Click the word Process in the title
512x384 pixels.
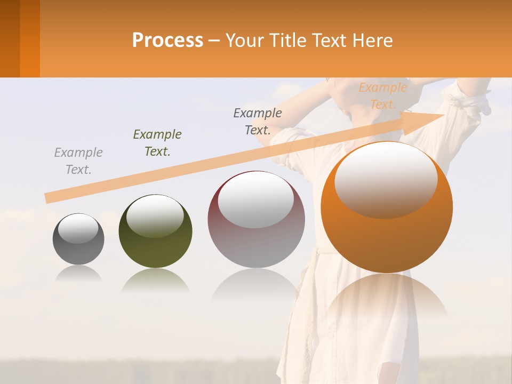tap(167, 41)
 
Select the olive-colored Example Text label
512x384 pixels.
tap(157, 143)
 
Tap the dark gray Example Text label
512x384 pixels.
tap(258, 122)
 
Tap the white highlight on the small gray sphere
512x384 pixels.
tap(78, 229)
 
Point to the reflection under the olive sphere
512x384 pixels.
tap(155, 279)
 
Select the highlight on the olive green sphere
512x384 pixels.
tap(155, 215)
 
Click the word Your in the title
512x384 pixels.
tap(242, 41)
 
